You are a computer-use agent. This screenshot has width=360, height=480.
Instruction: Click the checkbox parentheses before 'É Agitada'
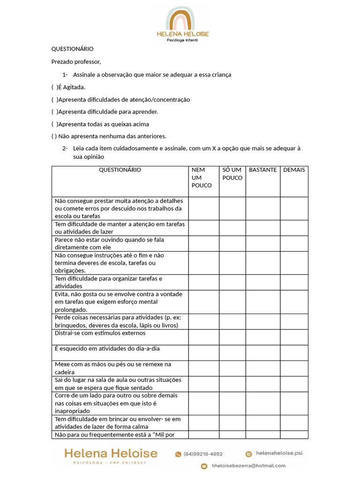click(54, 87)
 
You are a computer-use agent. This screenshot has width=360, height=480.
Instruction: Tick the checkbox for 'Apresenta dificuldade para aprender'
click(54, 112)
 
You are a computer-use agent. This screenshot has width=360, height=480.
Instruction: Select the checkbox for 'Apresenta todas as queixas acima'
click(54, 124)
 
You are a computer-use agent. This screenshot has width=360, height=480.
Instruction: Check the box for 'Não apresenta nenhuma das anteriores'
click(53, 136)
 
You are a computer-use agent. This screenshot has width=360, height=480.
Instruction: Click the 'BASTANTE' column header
click(262, 170)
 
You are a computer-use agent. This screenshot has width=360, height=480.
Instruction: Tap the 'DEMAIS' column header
click(294, 170)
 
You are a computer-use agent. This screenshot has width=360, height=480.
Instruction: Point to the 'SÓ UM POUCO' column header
click(232, 174)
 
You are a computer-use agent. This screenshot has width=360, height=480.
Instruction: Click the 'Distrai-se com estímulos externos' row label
click(100, 333)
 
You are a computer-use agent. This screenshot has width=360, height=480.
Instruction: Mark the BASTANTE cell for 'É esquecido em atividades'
click(262, 352)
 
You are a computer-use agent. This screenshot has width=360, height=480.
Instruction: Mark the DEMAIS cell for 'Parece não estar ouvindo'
click(294, 243)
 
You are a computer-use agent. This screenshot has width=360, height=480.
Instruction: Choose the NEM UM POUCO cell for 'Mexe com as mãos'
click(203, 368)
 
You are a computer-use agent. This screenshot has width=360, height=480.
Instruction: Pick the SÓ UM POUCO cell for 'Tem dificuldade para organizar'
click(232, 282)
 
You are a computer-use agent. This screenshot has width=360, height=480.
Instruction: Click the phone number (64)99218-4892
click(203, 454)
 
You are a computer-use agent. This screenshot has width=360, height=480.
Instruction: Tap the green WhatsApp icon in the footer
click(178, 454)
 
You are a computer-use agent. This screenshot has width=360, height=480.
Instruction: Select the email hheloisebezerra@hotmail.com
click(248, 466)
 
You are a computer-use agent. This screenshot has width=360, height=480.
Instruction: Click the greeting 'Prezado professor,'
click(76, 61)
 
